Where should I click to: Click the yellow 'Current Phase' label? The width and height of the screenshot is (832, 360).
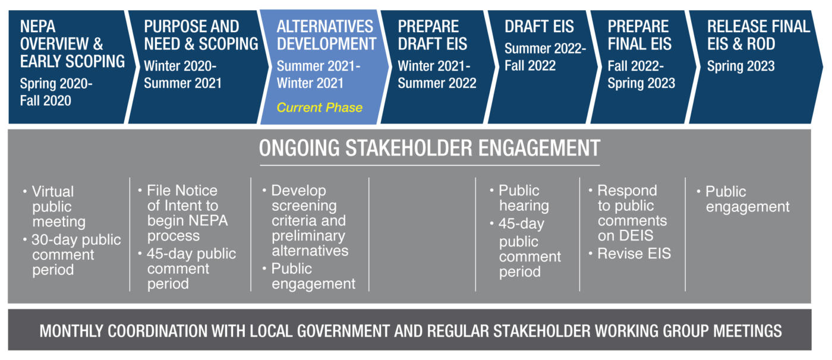(320, 108)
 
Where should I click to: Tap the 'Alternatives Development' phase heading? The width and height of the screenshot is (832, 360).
(326, 35)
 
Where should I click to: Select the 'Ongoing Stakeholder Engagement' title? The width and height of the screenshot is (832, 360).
(429, 148)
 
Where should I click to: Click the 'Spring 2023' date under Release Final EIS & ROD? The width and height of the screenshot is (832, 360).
(740, 66)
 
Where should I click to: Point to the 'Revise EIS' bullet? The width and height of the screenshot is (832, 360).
(634, 254)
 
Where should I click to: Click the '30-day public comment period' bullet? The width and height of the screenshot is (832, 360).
(72, 255)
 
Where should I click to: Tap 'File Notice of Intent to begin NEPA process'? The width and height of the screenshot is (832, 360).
(183, 213)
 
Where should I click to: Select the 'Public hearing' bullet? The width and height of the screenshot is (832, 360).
(519, 198)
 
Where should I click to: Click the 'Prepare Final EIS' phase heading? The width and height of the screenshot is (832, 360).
(639, 35)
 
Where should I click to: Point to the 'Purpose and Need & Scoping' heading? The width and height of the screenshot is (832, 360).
(201, 35)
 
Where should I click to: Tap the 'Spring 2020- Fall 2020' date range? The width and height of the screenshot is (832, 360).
(56, 92)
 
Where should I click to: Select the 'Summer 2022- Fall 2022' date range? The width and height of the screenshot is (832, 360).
(545, 57)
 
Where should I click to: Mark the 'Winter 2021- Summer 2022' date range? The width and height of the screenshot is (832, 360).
(437, 75)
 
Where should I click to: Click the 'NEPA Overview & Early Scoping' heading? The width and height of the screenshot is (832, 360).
(73, 44)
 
